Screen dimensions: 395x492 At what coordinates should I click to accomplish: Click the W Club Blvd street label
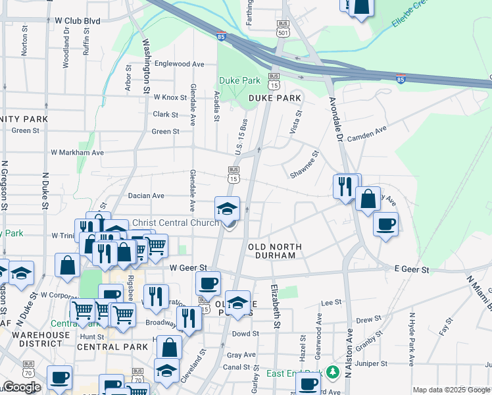click(x=78, y=21)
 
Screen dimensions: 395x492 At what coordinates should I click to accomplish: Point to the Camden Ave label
click(x=366, y=136)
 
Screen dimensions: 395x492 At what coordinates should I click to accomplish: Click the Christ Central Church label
click(x=176, y=223)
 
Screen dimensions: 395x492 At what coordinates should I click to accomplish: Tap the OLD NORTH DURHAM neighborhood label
click(x=276, y=251)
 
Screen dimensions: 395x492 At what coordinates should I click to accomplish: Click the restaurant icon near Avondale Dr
click(x=345, y=186)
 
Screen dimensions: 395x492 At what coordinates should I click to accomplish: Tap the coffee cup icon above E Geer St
click(x=385, y=224)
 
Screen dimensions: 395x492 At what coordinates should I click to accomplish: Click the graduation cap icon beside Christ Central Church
click(x=227, y=209)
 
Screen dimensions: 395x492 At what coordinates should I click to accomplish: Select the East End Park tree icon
click(x=333, y=373)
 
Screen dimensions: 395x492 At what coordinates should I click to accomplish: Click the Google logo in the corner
click(x=21, y=387)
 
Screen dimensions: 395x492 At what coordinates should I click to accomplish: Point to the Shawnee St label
click(x=305, y=165)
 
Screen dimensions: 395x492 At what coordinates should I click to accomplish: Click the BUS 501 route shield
click(x=283, y=28)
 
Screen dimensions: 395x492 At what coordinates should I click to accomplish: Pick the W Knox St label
click(x=170, y=97)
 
